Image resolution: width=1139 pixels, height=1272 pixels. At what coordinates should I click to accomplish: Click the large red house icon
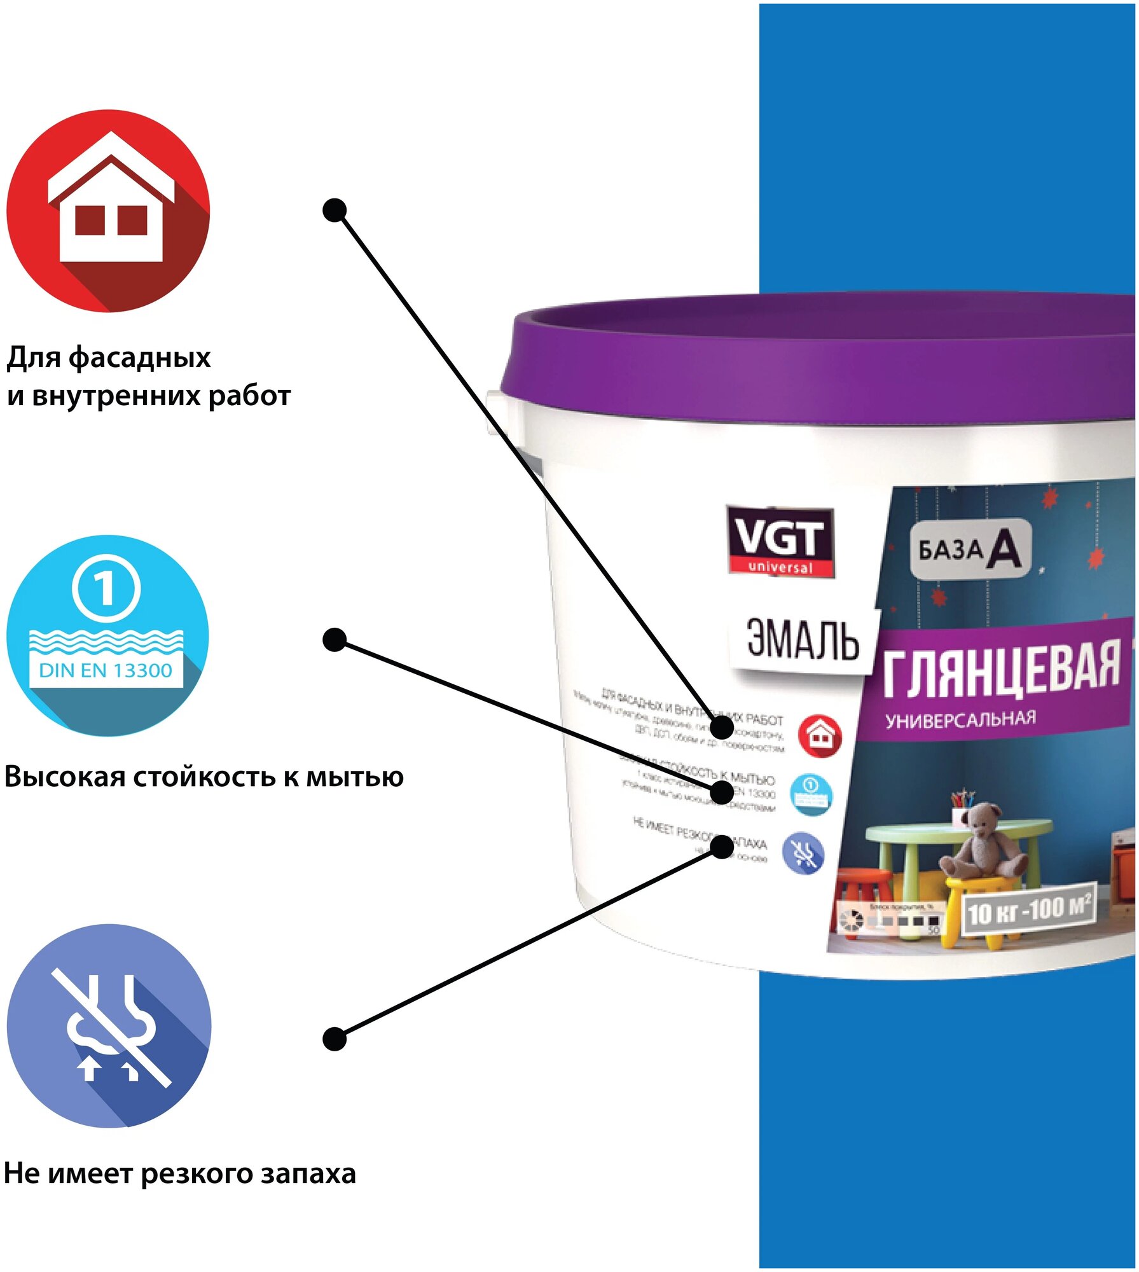[108, 211]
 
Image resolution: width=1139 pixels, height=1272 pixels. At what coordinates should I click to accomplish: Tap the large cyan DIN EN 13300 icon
[107, 635]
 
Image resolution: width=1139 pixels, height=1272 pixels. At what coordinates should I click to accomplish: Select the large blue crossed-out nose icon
[109, 1025]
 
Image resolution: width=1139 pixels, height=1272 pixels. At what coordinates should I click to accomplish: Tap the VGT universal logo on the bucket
[780, 541]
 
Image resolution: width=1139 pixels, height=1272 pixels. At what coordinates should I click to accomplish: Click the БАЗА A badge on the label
[969, 549]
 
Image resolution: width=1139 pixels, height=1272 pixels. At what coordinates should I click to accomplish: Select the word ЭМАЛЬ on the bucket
[803, 639]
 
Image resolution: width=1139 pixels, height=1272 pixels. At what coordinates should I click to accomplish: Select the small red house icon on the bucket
[819, 736]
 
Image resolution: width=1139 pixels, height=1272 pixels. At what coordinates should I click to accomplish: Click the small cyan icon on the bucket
[810, 793]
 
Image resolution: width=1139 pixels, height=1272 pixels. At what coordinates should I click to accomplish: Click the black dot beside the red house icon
[335, 210]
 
